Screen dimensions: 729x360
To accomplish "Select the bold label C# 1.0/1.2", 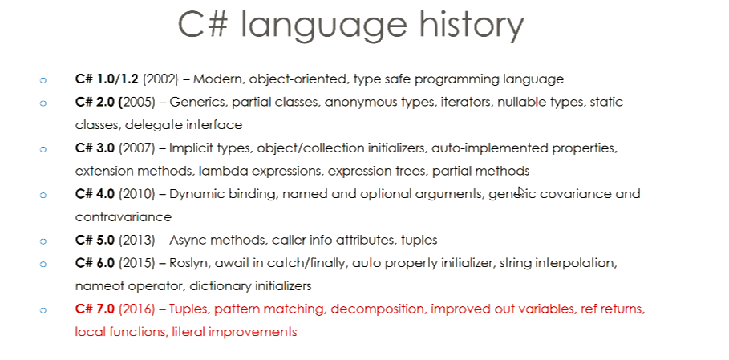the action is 107,79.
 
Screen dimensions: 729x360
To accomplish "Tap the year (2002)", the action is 160,79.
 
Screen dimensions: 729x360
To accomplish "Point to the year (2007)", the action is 136,148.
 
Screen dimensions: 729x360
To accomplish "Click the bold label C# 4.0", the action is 95,194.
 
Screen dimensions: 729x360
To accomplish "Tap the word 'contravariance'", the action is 124,217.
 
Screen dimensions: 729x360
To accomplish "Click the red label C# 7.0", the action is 95,309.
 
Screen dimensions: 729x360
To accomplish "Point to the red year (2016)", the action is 136,309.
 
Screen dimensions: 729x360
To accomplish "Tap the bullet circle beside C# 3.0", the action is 43,150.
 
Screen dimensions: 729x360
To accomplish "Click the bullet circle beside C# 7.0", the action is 43,310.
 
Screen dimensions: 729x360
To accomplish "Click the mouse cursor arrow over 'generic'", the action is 521,192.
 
